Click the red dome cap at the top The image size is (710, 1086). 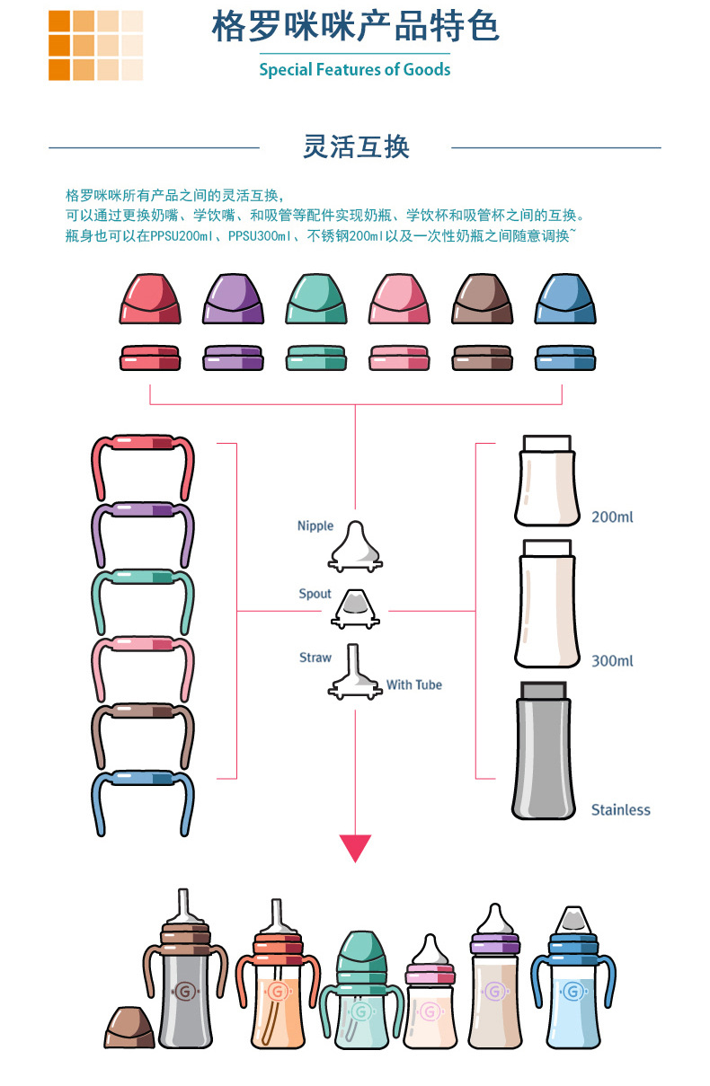click(149, 299)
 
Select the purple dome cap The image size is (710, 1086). click(233, 299)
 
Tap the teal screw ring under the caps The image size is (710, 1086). click(316, 358)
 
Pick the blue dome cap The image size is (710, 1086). click(565, 299)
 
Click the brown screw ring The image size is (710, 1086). click(483, 358)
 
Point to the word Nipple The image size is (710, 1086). click(315, 525)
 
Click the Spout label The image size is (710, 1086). click(315, 594)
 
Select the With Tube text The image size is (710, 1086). click(414, 684)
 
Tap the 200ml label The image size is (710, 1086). click(612, 517)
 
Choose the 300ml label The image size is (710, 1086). click(612, 661)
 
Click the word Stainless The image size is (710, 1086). click(620, 809)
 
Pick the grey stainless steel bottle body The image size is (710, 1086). click(544, 755)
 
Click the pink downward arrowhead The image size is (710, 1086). click(355, 848)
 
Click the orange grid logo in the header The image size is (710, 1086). click(95, 46)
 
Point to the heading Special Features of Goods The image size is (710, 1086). click(355, 69)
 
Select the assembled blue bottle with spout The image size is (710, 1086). click(572, 988)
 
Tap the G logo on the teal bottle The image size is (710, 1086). click(360, 1011)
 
